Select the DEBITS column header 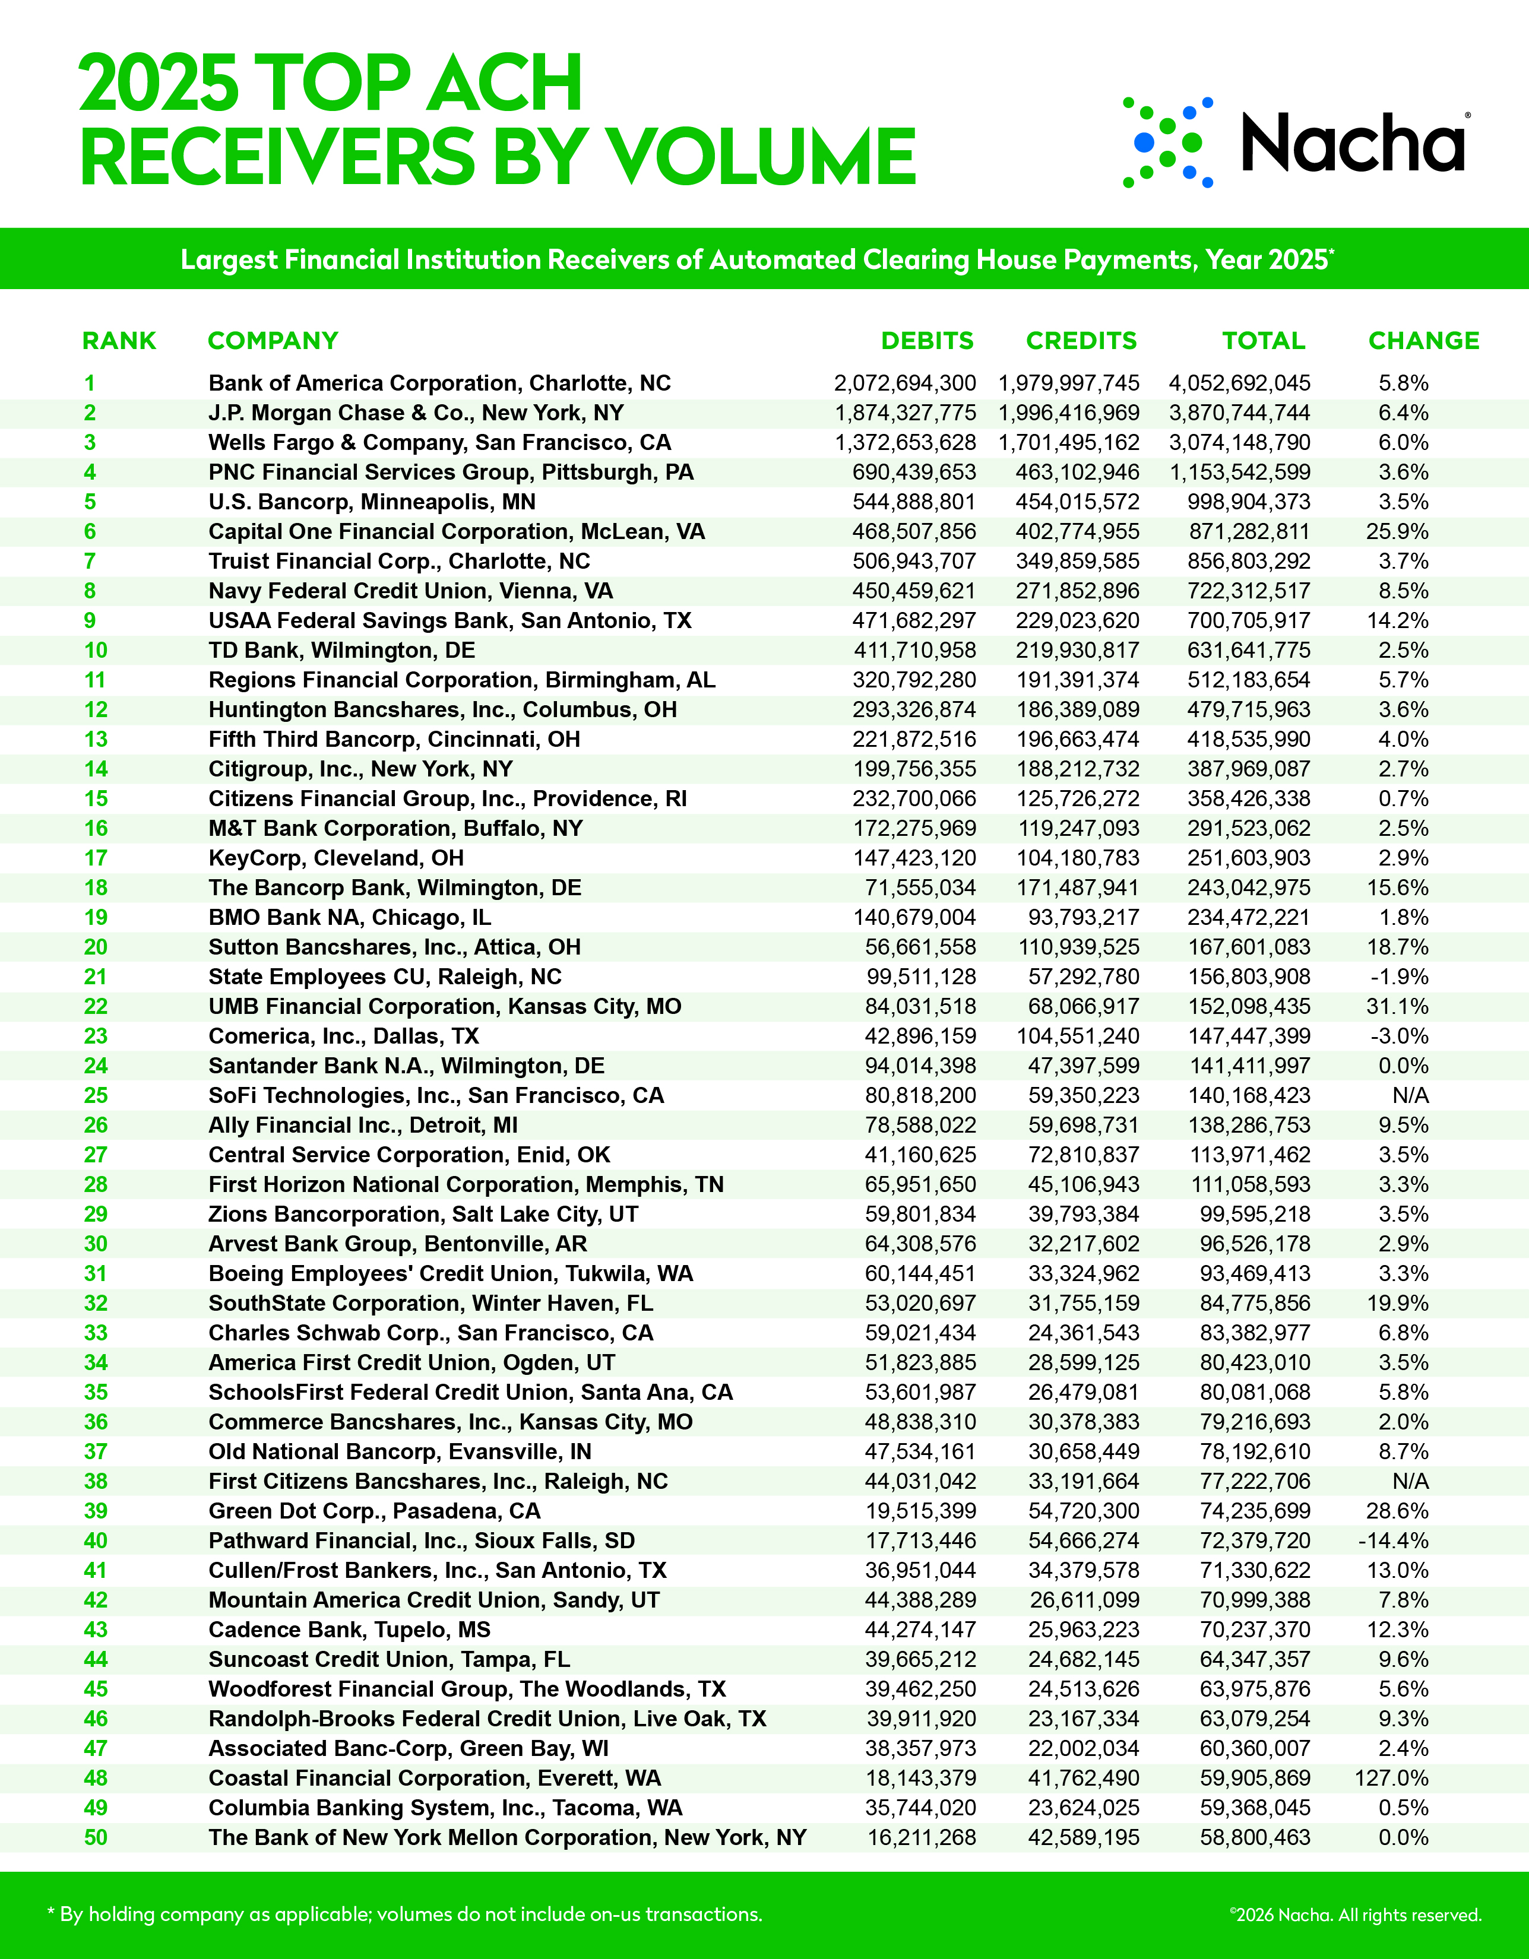pos(927,341)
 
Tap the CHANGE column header pos(1423,341)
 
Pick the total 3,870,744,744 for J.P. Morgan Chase pos(1239,413)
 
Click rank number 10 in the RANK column pos(96,650)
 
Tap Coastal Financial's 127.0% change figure pos(1391,1778)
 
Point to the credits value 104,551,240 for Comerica pos(1078,1036)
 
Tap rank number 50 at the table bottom pos(96,1837)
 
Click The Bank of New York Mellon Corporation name pos(507,1837)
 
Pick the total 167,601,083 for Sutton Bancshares pos(1249,947)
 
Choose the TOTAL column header pos(1264,341)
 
